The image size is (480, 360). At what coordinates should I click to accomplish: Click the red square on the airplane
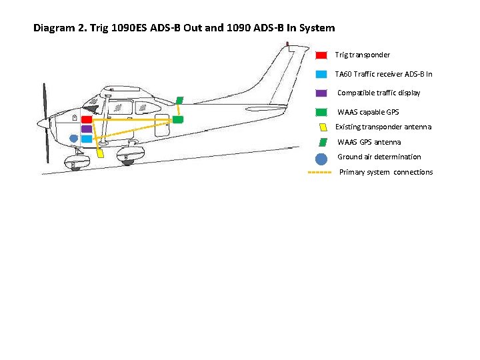(87, 119)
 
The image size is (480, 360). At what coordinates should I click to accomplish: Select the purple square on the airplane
(87, 129)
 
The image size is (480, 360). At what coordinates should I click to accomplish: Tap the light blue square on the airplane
(87, 139)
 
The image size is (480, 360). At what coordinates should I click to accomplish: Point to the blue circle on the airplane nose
(73, 139)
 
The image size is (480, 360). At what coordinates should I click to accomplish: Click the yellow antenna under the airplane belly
(100, 153)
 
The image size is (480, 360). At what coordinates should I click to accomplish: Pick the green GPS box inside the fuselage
(178, 119)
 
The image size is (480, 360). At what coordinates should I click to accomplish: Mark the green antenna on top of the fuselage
(180, 101)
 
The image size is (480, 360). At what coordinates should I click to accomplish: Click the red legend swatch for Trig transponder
(321, 55)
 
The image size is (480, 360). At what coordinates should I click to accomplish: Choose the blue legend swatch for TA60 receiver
(321, 74)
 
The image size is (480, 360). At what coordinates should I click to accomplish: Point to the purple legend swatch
(321, 93)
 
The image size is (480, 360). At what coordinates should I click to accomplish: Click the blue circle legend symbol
(321, 159)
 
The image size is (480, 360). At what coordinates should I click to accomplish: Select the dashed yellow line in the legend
(319, 173)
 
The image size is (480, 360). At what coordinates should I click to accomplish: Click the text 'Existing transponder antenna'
(383, 127)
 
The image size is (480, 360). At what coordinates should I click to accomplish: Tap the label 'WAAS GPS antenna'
(369, 142)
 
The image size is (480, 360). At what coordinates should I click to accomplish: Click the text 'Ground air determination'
(379, 157)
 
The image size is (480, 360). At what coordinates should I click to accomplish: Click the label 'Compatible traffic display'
(379, 93)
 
